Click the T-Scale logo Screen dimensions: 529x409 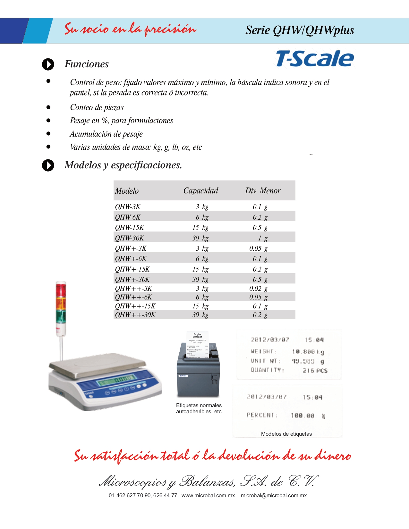315,59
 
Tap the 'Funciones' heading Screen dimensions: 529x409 87,64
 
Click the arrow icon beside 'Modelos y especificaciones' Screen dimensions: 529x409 48,165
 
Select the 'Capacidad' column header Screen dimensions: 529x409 200,191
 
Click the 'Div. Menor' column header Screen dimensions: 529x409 263,191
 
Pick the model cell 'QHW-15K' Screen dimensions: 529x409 130,228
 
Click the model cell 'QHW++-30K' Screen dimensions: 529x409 135,315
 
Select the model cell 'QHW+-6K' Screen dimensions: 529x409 131,259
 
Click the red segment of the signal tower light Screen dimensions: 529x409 61,290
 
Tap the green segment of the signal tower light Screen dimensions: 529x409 61,316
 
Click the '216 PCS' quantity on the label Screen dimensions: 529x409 315,371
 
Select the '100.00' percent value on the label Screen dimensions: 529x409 302,416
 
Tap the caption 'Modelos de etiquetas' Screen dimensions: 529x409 286,434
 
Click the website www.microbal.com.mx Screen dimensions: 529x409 208,496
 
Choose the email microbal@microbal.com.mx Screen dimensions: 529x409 274,496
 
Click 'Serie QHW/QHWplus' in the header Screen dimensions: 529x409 300,30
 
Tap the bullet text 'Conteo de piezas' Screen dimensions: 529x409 97,107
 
